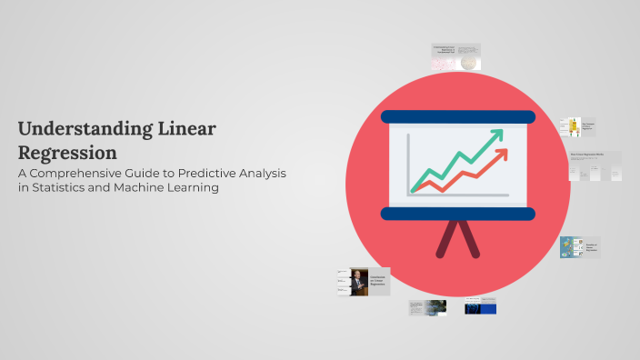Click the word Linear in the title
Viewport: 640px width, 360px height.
click(186, 128)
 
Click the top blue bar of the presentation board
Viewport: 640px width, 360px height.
click(457, 116)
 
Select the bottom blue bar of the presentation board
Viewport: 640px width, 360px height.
click(457, 214)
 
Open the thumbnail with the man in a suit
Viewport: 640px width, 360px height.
click(359, 281)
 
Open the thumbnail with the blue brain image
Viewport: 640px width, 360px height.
click(480, 307)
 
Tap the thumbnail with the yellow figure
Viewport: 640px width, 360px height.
click(572, 127)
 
